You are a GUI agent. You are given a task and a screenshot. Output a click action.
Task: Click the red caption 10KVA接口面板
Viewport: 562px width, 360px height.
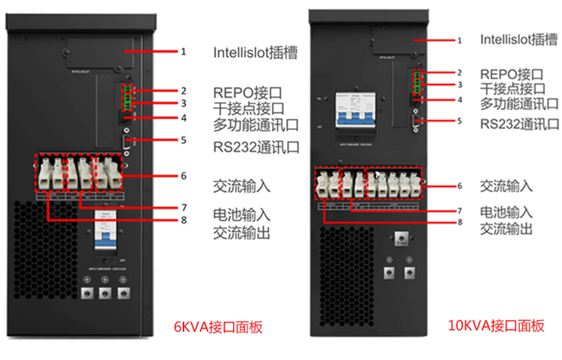coord(495,325)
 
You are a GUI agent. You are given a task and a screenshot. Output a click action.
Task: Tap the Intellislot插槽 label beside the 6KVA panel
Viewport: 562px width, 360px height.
coord(255,52)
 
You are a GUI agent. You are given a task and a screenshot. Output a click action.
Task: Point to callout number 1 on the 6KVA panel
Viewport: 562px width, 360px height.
coord(183,52)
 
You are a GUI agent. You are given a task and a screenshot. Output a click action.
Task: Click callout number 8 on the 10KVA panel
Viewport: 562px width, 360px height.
coord(459,223)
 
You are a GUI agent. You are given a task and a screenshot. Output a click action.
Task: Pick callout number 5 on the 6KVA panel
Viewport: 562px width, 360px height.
coord(183,139)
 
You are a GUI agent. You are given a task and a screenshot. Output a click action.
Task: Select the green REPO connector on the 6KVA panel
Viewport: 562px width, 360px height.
coord(129,97)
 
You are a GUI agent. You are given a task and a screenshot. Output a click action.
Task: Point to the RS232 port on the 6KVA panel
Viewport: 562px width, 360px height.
coord(127,140)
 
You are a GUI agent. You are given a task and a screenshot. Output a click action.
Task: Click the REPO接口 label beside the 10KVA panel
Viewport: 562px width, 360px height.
coord(511,73)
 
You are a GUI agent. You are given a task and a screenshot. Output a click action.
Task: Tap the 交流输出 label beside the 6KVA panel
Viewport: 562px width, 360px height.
coord(241,233)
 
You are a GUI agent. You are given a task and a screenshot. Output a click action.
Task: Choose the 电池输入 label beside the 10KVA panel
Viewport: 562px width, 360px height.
coord(507,213)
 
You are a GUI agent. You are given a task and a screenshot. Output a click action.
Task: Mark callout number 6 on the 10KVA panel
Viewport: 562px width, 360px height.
coord(459,185)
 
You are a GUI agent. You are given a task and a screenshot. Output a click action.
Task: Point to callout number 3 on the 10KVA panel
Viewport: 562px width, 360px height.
coord(459,85)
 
